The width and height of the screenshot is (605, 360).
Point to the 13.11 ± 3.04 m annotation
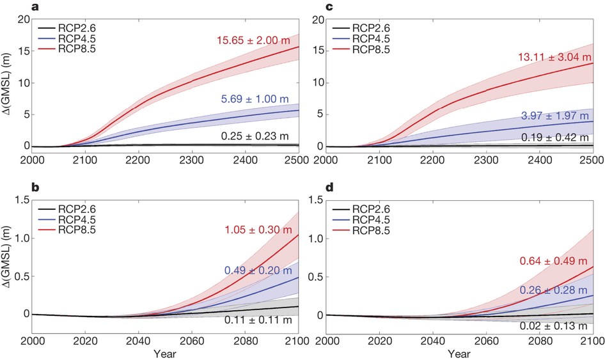pyautogui.click(x=554, y=58)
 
